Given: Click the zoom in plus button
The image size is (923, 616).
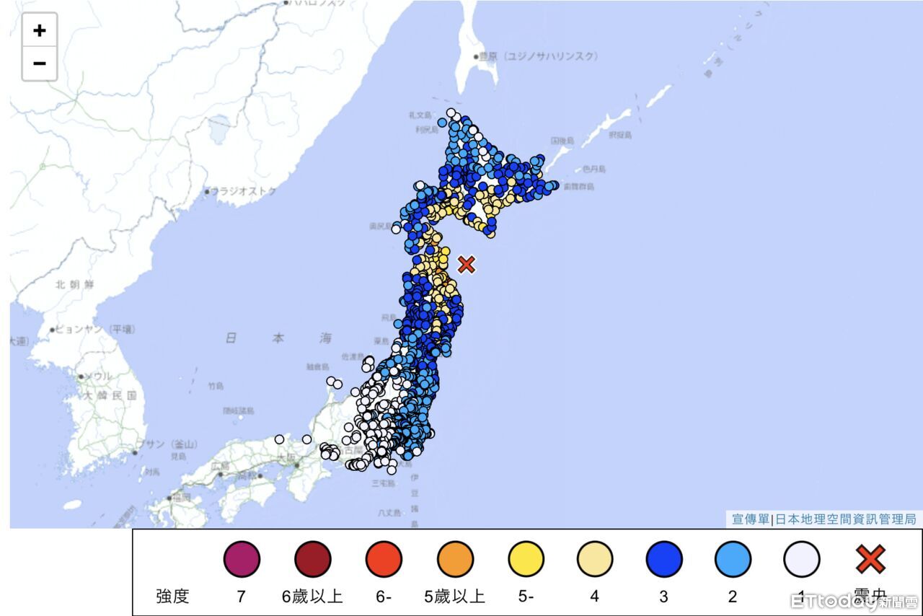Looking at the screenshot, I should (40, 30).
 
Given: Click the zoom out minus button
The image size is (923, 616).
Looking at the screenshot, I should (40, 63).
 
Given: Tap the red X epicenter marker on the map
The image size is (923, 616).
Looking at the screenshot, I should (467, 265).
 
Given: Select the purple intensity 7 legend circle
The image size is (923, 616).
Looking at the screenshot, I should (242, 559).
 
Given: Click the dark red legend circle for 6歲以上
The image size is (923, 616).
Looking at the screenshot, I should (312, 559).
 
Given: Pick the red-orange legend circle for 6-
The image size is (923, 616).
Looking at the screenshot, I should (383, 559).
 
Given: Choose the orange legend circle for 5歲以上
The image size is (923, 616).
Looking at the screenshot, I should (455, 559).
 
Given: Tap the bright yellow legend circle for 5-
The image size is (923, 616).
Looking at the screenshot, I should (526, 559).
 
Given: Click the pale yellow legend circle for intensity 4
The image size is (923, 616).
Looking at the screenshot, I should (595, 559).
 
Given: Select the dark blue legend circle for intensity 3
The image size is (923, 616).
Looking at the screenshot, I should (664, 559).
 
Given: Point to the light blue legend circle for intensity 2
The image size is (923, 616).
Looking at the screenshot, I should (733, 559).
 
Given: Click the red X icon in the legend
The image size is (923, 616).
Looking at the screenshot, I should (870, 559).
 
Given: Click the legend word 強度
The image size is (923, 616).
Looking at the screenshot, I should (172, 597).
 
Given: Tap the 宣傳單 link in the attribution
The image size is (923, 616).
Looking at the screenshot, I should (750, 519).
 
